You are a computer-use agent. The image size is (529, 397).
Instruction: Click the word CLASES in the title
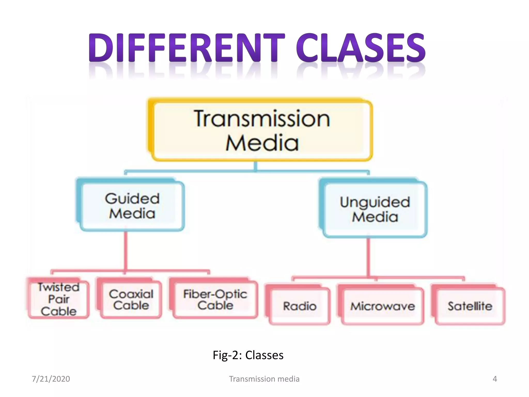pyautogui.click(x=361, y=48)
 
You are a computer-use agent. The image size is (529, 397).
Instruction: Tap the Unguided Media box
pyautogui.click(x=375, y=209)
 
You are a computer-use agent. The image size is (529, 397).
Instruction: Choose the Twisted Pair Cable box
pyautogui.click(x=59, y=299)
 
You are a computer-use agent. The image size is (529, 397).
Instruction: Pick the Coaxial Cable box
pyautogui.click(x=131, y=300)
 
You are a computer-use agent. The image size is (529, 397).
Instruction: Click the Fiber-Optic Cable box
pyautogui.click(x=215, y=300)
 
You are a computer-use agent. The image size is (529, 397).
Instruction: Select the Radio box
pyautogui.click(x=300, y=306)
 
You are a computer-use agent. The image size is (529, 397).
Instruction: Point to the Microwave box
pyautogui.click(x=383, y=306)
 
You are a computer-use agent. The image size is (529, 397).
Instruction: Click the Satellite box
pyautogui.click(x=470, y=306)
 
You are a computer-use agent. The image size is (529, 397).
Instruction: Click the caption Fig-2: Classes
pyautogui.click(x=248, y=355)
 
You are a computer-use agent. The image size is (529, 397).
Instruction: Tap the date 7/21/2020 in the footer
pyautogui.click(x=51, y=379)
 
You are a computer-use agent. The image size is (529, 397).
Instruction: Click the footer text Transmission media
pyautogui.click(x=264, y=379)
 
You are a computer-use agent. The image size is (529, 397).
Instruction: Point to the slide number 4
pyautogui.click(x=495, y=379)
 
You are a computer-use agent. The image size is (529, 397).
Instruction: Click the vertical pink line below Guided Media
pyautogui.click(x=126, y=251)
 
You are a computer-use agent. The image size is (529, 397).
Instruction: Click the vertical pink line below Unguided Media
pyautogui.click(x=368, y=257)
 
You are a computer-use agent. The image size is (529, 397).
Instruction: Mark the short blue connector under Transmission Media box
pyautogui.click(x=255, y=166)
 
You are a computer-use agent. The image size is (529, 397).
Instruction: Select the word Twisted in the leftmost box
pyautogui.click(x=59, y=287)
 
